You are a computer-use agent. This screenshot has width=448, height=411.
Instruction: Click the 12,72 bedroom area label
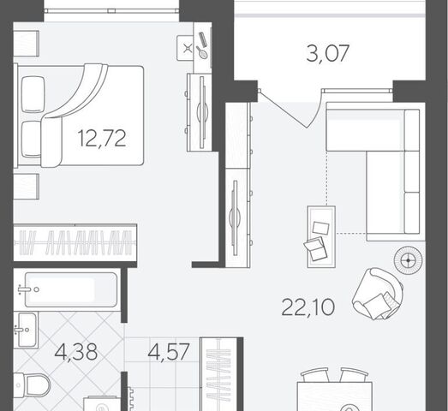point(102,138)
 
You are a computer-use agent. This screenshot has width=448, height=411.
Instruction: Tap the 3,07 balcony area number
point(328,53)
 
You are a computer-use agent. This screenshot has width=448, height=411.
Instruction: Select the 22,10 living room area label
point(308,307)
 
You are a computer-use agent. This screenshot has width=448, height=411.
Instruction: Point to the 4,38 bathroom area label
point(76,352)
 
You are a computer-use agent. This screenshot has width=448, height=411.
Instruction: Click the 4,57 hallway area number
point(169,352)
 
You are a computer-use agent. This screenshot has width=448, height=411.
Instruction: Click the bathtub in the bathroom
point(71,289)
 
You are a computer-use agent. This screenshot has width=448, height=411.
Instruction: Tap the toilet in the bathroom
point(32,385)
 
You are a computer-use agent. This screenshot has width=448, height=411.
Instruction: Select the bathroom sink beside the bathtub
point(26,330)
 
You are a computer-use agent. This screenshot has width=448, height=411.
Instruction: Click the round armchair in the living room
point(378,294)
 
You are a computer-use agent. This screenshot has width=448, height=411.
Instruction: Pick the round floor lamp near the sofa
point(408,260)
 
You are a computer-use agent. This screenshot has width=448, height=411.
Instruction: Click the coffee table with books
point(321,237)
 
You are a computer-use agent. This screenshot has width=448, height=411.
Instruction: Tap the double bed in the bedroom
point(80,116)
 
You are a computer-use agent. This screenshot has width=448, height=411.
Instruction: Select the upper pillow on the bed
point(33,94)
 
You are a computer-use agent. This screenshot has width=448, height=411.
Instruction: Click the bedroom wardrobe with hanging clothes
point(75,242)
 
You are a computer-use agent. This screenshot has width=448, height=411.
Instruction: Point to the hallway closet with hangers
point(218,374)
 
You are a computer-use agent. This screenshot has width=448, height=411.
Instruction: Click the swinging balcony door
point(283,109)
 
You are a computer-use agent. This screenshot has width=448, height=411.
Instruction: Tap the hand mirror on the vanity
point(202,52)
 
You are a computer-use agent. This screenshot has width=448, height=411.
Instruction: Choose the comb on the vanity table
point(203,39)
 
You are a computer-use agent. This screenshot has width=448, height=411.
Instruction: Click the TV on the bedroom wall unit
point(202,112)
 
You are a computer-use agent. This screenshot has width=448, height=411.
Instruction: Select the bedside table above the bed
point(27,44)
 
